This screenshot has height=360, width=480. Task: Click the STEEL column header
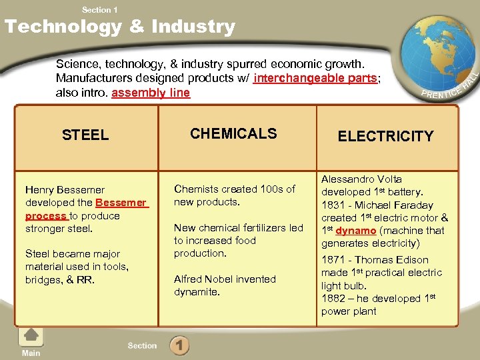click(85, 135)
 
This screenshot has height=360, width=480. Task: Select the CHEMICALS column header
click(233, 133)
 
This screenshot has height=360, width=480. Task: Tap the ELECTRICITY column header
click(385, 137)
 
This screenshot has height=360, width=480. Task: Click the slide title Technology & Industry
click(120, 27)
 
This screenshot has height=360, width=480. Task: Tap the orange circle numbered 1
click(179, 346)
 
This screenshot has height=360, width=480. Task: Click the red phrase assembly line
click(151, 93)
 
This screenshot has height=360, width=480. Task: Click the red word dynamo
click(356, 231)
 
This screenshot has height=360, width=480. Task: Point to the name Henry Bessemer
click(65, 190)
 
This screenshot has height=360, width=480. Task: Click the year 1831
click(333, 205)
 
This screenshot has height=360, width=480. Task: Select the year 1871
click(333, 260)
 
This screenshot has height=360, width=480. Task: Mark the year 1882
click(333, 299)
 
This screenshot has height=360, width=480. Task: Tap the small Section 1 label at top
click(100, 9)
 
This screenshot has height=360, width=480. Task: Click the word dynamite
click(197, 292)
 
